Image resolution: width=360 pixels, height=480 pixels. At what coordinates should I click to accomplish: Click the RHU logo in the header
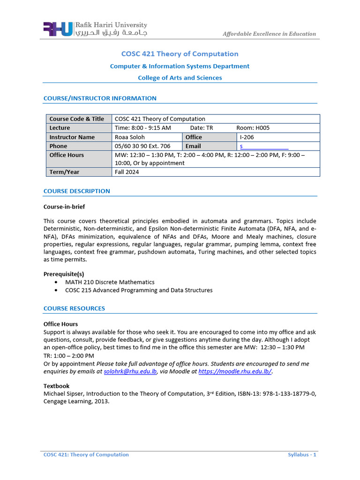[58, 29]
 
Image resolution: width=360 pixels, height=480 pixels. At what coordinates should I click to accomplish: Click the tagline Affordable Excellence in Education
[269, 34]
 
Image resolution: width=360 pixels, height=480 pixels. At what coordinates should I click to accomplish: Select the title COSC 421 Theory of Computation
[180, 54]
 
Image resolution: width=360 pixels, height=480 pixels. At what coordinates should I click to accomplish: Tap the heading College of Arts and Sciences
[180, 78]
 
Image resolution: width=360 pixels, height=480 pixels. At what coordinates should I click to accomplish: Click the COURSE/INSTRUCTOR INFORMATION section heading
[100, 98]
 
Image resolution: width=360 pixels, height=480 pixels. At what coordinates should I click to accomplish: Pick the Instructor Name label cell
[72, 137]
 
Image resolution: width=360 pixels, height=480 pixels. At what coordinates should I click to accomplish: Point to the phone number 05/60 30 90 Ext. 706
[142, 146]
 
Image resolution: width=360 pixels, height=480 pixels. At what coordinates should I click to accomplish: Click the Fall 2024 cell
[127, 172]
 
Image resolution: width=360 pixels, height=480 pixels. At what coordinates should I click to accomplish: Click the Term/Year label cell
[65, 172]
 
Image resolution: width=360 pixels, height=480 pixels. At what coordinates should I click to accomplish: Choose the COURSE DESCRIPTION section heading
[77, 191]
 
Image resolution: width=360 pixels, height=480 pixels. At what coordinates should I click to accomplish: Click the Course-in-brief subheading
[64, 207]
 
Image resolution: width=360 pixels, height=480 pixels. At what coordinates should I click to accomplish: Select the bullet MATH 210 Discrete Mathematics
[110, 282]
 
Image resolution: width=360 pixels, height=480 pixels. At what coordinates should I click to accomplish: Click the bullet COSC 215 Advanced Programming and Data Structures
[139, 290]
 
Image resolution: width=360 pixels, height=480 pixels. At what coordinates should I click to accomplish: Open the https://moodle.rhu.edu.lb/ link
[235, 372]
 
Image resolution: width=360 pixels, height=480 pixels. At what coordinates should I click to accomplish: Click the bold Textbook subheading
[56, 386]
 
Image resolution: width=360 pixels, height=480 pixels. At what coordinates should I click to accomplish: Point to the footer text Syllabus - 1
[302, 455]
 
